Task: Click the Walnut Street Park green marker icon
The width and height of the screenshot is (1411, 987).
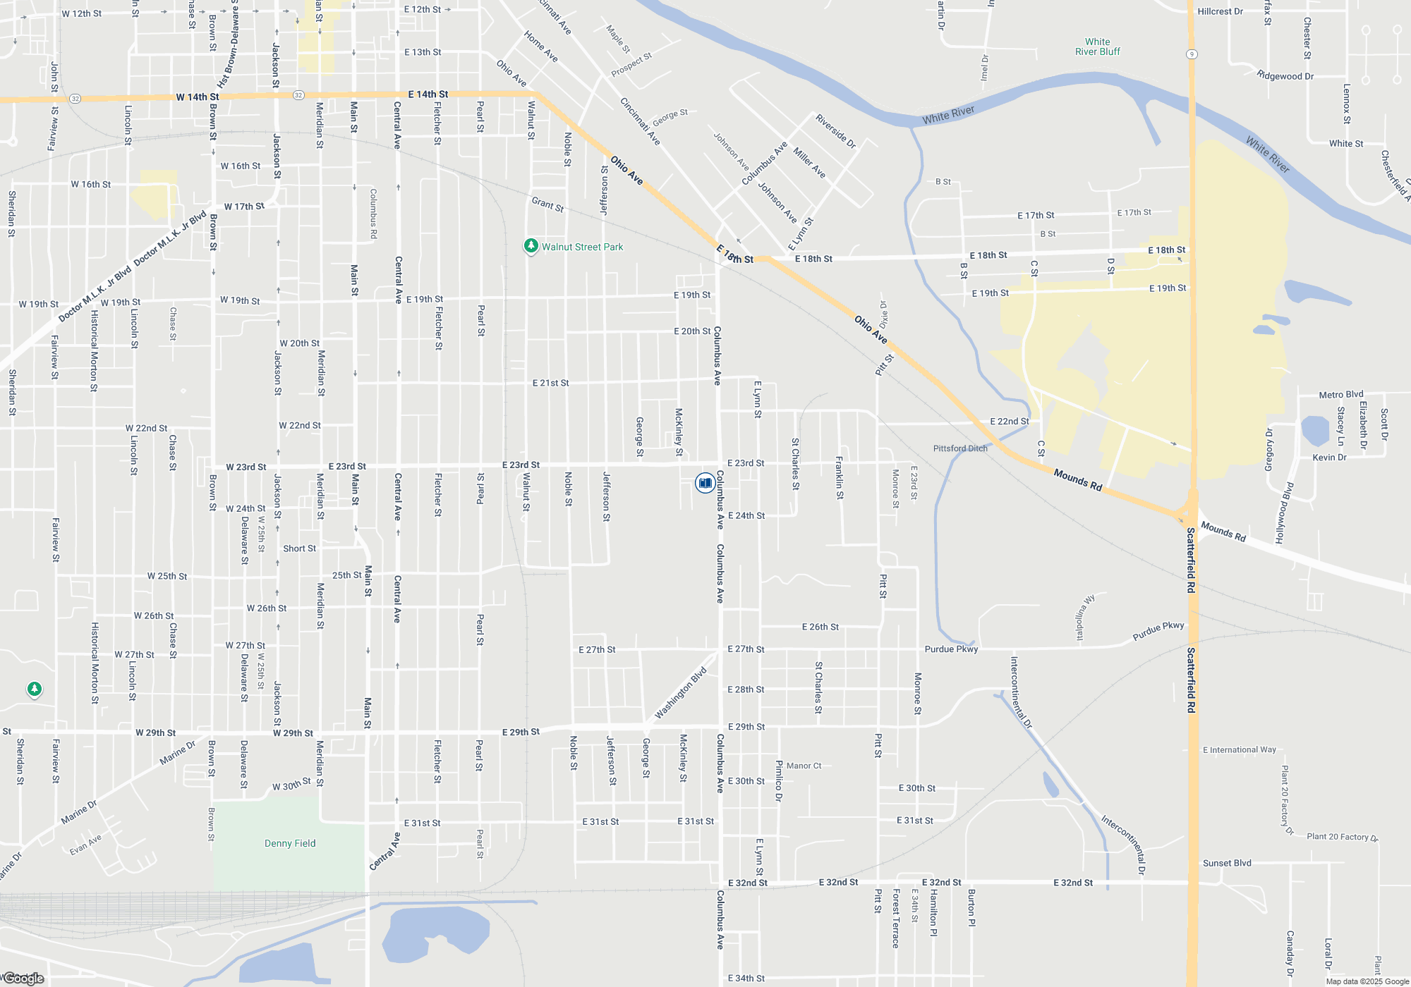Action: coord(531,246)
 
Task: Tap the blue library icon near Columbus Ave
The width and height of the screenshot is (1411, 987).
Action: coord(705,483)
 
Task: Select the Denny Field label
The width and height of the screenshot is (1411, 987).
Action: coord(290,843)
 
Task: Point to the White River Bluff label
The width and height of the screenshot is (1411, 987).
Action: coord(1097,47)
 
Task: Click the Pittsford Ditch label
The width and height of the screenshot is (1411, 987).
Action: coord(960,448)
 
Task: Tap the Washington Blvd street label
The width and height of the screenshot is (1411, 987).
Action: coord(680,693)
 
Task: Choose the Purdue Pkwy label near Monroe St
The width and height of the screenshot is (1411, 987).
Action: coord(951,649)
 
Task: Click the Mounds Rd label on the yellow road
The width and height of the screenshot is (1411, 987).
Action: coord(1077,480)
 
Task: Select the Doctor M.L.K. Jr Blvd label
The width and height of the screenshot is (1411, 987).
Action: coord(131,268)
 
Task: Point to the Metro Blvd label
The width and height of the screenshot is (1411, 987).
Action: coord(1340,395)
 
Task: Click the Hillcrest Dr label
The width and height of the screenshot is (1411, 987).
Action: coord(1220,11)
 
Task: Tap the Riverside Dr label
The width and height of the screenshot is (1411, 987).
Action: coord(835,131)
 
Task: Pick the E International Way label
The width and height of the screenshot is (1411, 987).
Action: coord(1239,750)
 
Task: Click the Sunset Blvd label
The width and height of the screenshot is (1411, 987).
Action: coord(1227,863)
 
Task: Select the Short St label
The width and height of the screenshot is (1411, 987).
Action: coord(299,548)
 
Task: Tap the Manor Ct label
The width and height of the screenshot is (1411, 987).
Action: coord(804,766)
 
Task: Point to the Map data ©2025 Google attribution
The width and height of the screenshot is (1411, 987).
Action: coord(1367,981)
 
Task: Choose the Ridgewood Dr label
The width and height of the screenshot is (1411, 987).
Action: coord(1285,75)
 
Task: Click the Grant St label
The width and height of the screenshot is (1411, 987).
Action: coord(547,204)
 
